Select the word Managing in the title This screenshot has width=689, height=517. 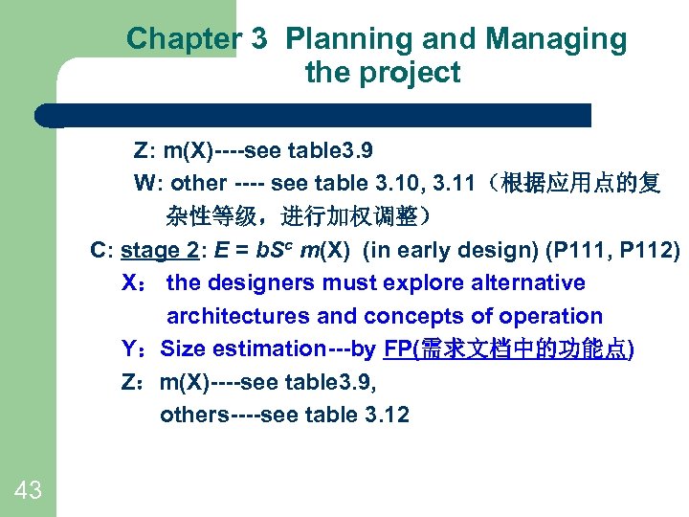click(557, 39)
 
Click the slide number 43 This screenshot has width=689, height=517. click(28, 491)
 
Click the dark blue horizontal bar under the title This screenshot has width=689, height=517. click(316, 115)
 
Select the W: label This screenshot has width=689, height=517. click(145, 183)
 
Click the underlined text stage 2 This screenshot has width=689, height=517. click(160, 250)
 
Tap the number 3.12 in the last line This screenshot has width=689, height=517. click(385, 415)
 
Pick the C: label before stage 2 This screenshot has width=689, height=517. click(101, 250)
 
